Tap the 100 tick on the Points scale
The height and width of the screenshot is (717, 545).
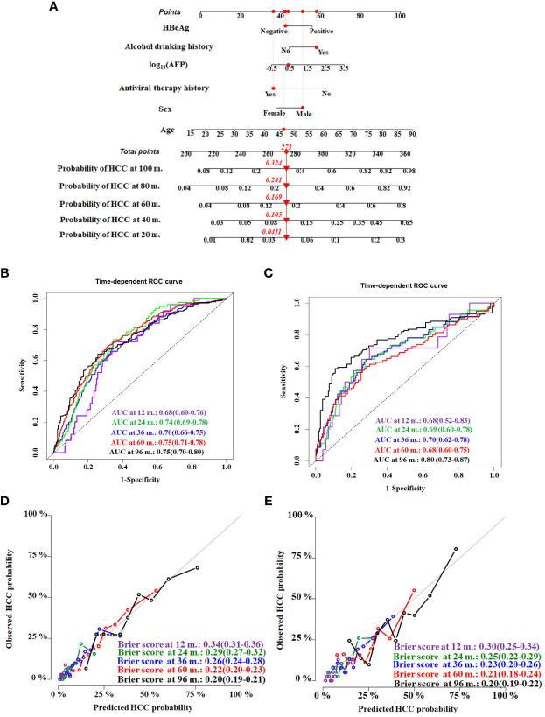(x=400, y=16)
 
